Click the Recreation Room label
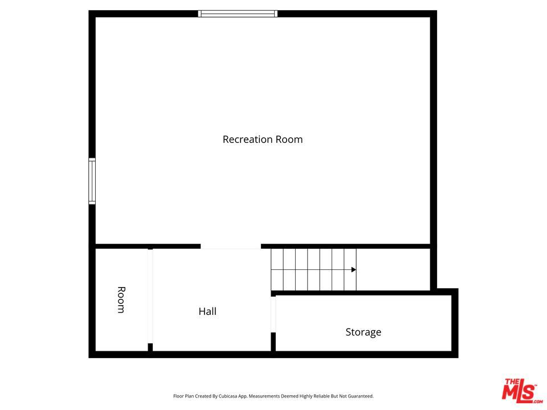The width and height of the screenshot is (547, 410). (x=262, y=140)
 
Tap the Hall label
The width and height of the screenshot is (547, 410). (x=207, y=311)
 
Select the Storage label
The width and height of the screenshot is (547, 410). (x=363, y=332)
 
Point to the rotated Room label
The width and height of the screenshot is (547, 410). (x=121, y=300)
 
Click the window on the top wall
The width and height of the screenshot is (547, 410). (x=238, y=14)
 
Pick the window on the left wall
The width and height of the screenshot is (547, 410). (x=92, y=181)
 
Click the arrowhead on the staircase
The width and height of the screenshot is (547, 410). (x=354, y=269)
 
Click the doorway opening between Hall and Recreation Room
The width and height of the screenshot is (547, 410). (x=231, y=247)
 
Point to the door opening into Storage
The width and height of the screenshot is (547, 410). (x=273, y=314)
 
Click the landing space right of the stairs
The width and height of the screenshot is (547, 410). (x=393, y=269)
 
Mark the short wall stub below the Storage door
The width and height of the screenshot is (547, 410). (x=273, y=342)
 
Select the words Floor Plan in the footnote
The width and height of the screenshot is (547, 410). (x=183, y=396)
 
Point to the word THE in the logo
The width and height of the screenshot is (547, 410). (x=511, y=382)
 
